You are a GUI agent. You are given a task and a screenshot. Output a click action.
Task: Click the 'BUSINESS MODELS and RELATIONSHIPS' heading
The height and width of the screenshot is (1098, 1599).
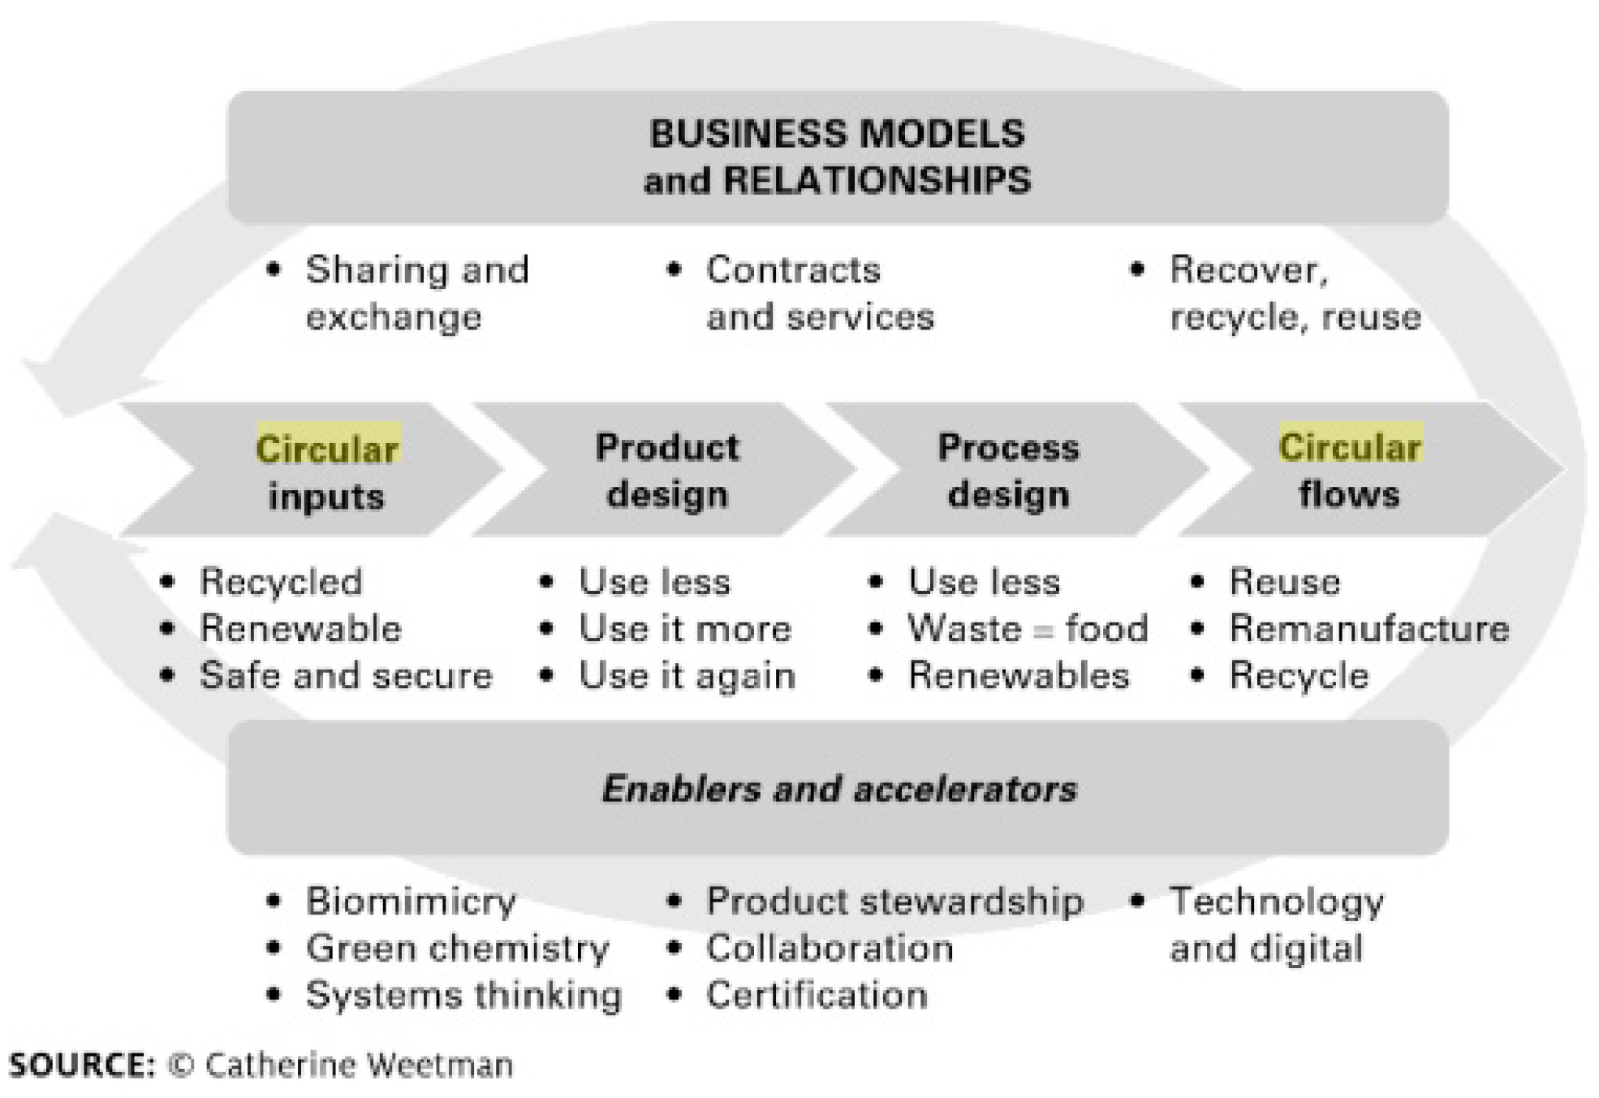[x=837, y=157]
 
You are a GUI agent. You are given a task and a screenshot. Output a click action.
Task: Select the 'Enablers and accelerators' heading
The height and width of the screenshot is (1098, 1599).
[x=839, y=789]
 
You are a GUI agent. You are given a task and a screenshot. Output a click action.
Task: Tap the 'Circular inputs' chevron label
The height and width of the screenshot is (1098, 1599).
[x=326, y=471]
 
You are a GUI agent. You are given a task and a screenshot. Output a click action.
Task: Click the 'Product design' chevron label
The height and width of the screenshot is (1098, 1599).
[x=667, y=471]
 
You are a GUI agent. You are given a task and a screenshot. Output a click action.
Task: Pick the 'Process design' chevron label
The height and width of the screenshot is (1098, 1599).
[x=1008, y=471]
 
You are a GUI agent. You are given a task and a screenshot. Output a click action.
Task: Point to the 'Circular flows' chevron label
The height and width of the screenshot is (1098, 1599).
[x=1349, y=471]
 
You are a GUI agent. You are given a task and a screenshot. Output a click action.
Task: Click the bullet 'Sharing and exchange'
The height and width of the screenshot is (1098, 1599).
[x=416, y=293]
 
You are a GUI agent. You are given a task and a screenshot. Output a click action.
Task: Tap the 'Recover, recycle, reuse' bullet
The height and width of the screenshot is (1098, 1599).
[x=1295, y=293]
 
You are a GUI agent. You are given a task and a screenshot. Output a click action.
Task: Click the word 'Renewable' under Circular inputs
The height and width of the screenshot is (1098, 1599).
[x=300, y=629]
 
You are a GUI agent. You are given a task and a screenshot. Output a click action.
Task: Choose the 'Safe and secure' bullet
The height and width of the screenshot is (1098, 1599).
[x=346, y=676]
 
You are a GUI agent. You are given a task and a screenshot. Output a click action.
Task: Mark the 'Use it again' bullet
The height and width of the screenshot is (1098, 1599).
[x=687, y=676]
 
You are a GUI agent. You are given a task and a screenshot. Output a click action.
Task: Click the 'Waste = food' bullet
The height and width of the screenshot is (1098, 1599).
[x=1028, y=629]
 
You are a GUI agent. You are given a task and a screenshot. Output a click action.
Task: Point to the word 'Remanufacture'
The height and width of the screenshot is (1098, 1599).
[x=1369, y=629]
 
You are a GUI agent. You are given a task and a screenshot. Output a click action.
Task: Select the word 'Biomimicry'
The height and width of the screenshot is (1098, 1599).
[x=411, y=902]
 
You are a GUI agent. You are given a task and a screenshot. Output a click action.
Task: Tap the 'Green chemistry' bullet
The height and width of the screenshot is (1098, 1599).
[x=457, y=949]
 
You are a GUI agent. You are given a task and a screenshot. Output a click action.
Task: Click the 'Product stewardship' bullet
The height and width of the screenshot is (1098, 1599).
[x=894, y=902]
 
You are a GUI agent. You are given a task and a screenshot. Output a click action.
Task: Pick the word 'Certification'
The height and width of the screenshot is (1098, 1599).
[x=817, y=996]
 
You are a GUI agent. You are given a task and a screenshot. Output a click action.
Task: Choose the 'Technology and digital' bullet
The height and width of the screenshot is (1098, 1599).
[x=1276, y=925]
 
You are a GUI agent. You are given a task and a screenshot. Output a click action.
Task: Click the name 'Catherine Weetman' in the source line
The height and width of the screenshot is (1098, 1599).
[x=359, y=1065]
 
